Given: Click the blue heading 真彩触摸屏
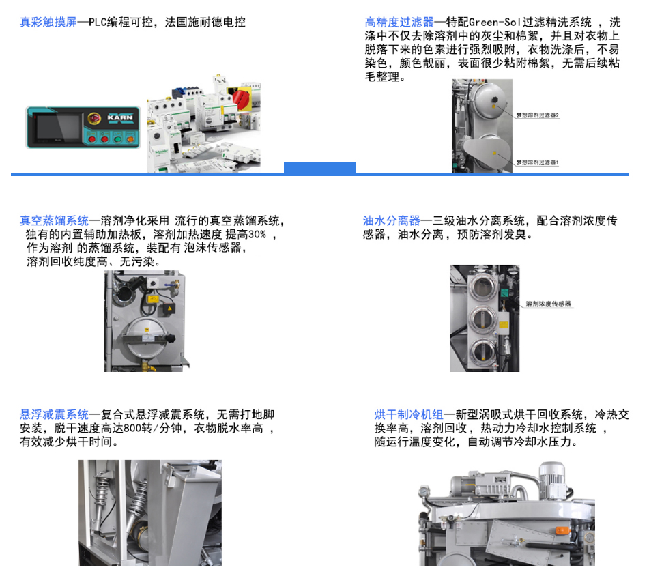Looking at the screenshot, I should [48, 23].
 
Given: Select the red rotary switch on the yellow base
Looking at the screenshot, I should [242, 98].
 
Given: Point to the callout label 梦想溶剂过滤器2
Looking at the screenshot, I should [537, 115].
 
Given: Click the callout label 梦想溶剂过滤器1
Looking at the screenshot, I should [537, 162].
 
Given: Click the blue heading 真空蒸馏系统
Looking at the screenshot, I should [54, 220].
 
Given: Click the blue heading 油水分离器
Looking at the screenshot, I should [392, 220].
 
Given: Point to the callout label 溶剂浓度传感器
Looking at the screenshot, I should [548, 304].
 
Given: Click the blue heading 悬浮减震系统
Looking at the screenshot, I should [54, 414].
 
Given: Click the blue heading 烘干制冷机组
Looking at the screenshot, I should [408, 414].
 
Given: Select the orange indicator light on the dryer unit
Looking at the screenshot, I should [562, 530].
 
